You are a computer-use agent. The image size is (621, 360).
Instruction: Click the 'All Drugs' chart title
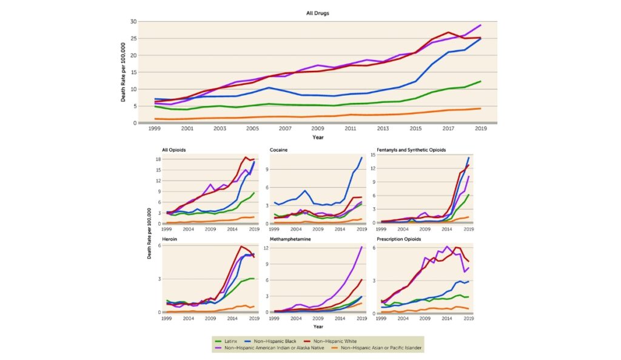pos(318,12)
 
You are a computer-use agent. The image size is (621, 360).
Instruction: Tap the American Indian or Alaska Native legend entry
pos(275,348)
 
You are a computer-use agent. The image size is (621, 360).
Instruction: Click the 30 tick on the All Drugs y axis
pos(132,22)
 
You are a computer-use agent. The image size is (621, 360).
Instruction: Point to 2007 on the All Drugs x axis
pos(285,129)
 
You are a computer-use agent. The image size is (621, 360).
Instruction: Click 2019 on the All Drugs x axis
pos(481,129)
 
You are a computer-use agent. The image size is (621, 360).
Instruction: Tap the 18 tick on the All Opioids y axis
pos(157,159)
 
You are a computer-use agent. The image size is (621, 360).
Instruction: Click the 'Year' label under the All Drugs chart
pos(318,137)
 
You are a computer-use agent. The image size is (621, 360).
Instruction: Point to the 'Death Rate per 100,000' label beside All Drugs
pos(123,72)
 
